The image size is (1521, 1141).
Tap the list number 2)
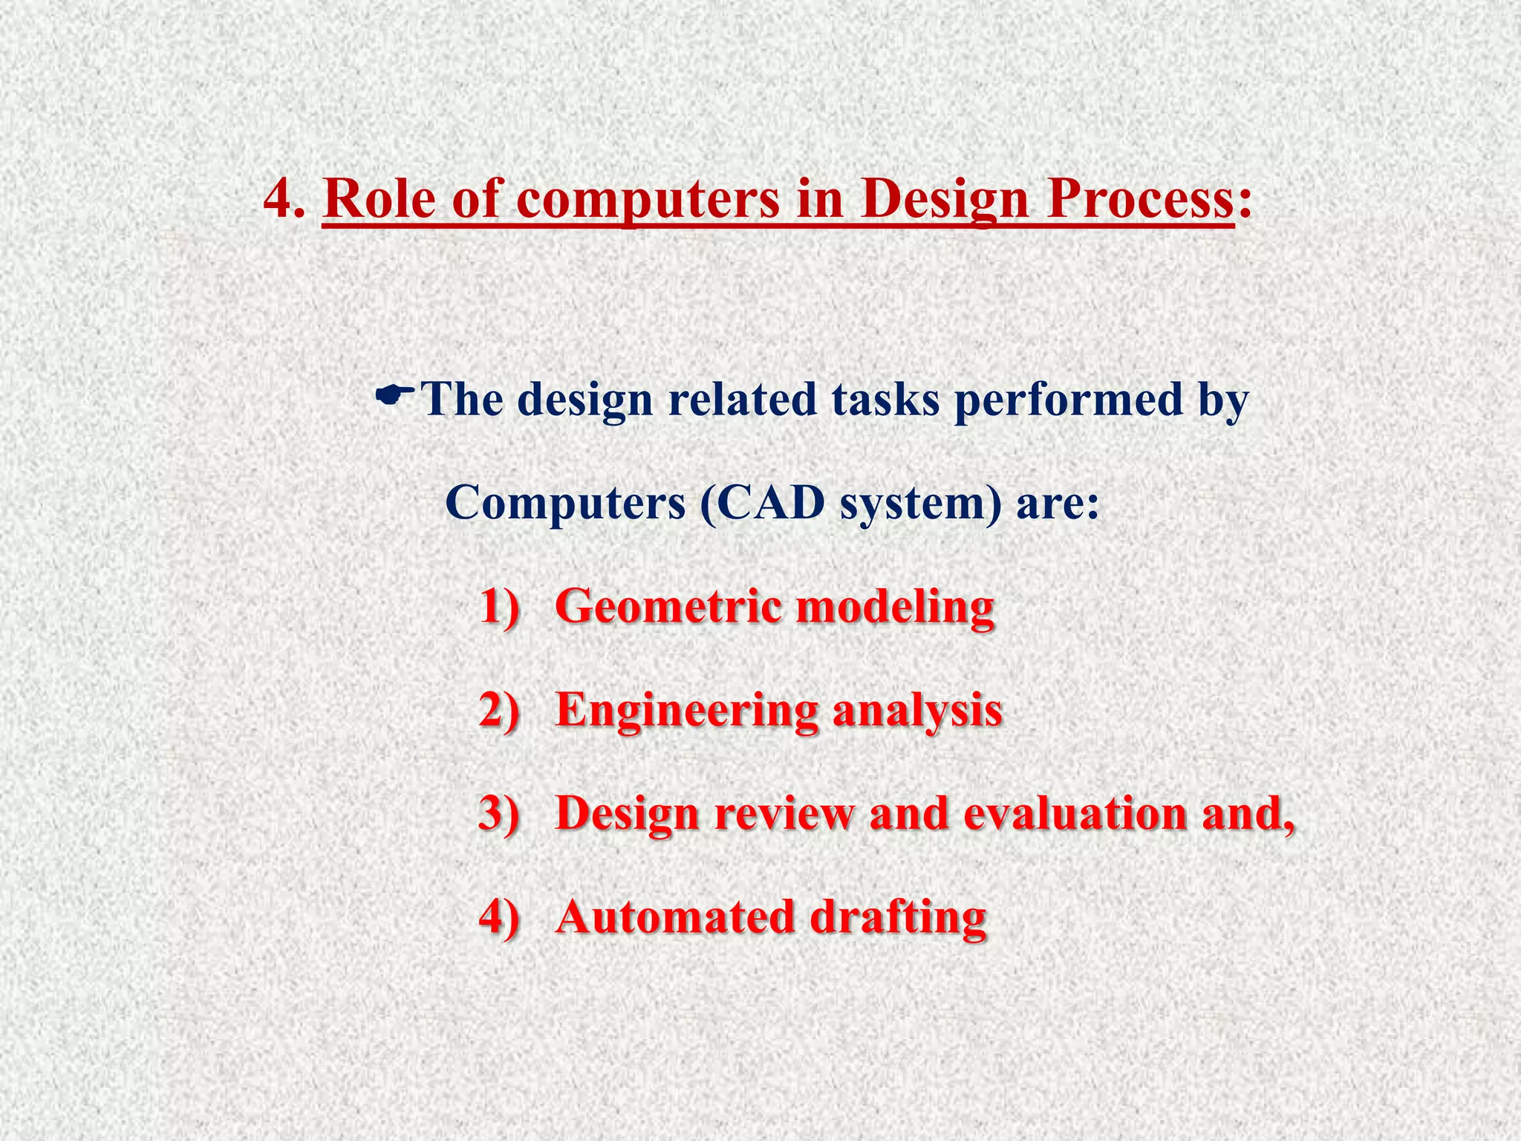point(498,710)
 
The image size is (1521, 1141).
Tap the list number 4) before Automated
point(498,917)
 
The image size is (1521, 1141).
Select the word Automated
point(675,917)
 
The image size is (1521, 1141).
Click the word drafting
point(898,918)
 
